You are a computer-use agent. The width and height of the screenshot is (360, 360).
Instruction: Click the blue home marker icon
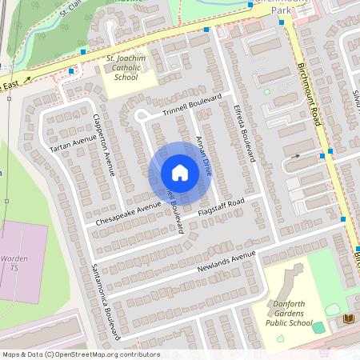pyautogui.click(x=180, y=173)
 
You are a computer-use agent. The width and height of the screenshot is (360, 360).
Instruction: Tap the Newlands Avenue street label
pyautogui.click(x=226, y=261)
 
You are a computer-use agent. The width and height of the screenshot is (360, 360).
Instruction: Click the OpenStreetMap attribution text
pyautogui.click(x=80, y=354)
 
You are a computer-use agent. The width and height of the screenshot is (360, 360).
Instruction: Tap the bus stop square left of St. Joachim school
pyautogui.click(x=71, y=70)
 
